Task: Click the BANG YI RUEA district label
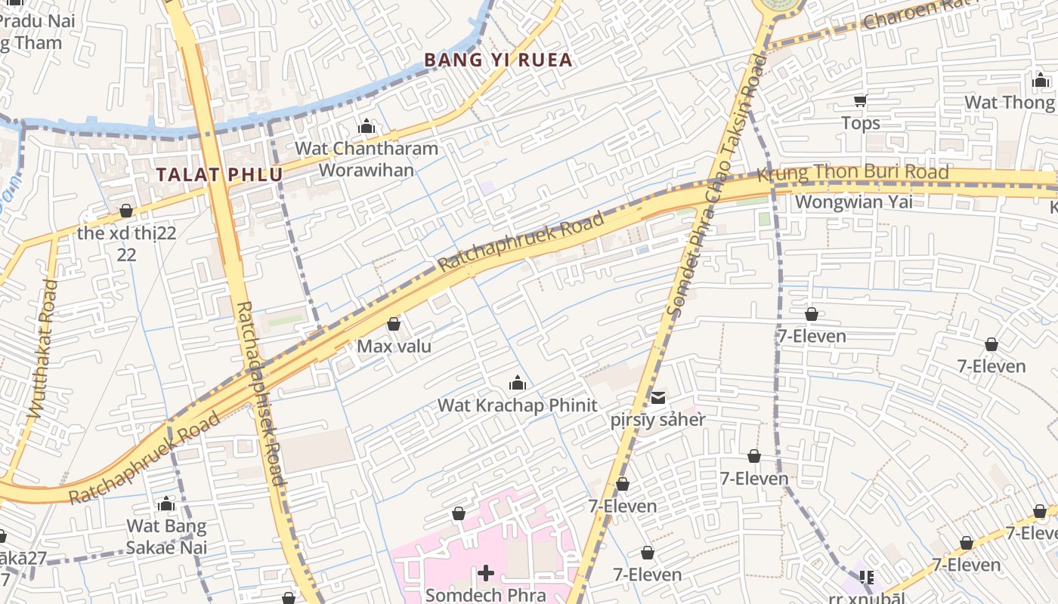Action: (498, 60)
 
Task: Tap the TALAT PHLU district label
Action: (219, 174)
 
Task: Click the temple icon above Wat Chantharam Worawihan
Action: (367, 126)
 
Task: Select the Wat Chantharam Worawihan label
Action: (367, 159)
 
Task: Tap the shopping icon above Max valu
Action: (394, 325)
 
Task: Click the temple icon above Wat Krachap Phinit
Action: (518, 383)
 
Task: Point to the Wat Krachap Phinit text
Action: (518, 405)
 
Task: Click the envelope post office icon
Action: (658, 398)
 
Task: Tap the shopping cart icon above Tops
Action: (860, 100)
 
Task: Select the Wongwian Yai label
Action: (853, 202)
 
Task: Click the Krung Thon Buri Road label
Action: (852, 173)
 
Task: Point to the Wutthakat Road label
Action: (42, 349)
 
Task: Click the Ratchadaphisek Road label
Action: (260, 393)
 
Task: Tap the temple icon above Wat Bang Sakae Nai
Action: (166, 504)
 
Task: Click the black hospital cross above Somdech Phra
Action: (485, 574)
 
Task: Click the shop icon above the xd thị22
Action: (126, 211)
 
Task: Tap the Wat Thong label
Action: (1009, 102)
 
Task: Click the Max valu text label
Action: (394, 347)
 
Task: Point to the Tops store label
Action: (861, 123)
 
